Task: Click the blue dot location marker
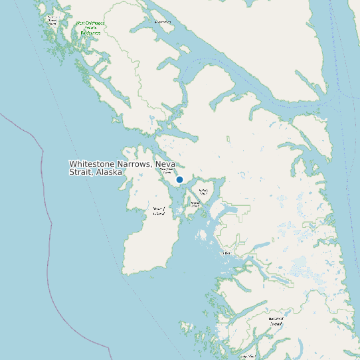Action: pyautogui.click(x=179, y=179)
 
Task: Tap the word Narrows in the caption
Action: pyautogui.click(x=134, y=164)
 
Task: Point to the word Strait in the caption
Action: pyautogui.click(x=80, y=172)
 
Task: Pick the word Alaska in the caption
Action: pyautogui.click(x=109, y=172)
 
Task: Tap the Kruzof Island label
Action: pyautogui.click(x=159, y=211)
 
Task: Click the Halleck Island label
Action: pyautogui.click(x=203, y=191)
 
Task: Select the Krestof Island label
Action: pyautogui.click(x=195, y=204)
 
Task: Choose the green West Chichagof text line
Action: pyautogui.click(x=90, y=23)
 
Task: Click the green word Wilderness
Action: pyautogui.click(x=90, y=33)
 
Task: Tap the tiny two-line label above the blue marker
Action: pyautogui.click(x=167, y=171)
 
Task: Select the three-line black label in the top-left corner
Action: pyautogui.click(x=51, y=19)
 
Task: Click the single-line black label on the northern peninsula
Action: pyautogui.click(x=162, y=22)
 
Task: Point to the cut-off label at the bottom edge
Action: pyautogui.click(x=249, y=357)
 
